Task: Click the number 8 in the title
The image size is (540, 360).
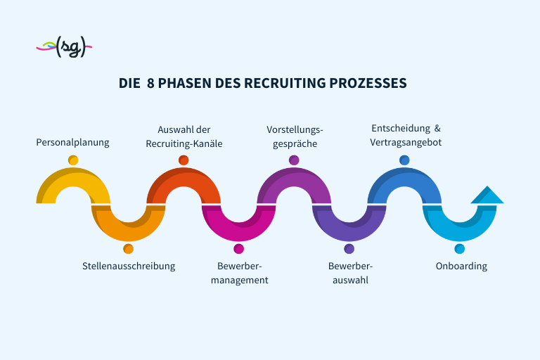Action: point(150,83)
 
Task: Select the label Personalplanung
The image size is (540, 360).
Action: point(73,142)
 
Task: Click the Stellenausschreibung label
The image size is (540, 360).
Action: point(129,266)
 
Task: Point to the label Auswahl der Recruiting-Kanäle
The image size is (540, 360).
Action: point(184,136)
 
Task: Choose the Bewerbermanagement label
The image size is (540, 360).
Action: point(240,273)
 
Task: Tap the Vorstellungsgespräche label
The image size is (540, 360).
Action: point(294,136)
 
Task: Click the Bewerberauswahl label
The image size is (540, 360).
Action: point(350,273)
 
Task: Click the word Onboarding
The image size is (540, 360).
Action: point(461,266)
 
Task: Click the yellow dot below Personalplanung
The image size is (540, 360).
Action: point(73,160)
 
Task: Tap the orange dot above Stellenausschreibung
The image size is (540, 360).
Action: point(128,249)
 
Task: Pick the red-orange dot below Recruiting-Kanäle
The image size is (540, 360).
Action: point(184,160)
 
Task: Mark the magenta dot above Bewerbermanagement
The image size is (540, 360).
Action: point(239,249)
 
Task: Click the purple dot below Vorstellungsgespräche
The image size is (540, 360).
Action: point(294,160)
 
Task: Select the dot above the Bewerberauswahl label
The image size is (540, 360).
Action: point(349,249)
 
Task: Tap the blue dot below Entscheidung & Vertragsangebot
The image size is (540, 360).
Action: point(404,160)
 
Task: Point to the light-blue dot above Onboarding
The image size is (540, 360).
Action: point(460,249)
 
